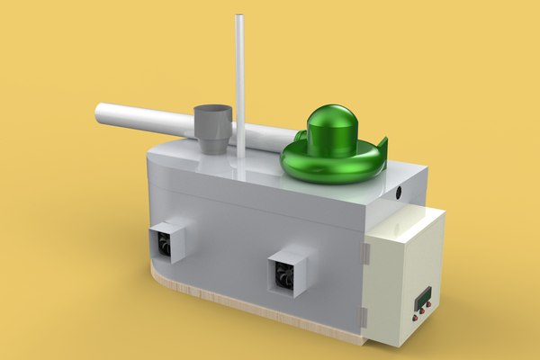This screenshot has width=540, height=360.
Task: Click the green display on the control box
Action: coord(421,297)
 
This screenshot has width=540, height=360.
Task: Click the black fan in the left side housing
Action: coord(165,241)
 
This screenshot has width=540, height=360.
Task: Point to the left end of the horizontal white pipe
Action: coord(100,114)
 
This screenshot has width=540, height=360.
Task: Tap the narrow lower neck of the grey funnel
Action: coord(214,144)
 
